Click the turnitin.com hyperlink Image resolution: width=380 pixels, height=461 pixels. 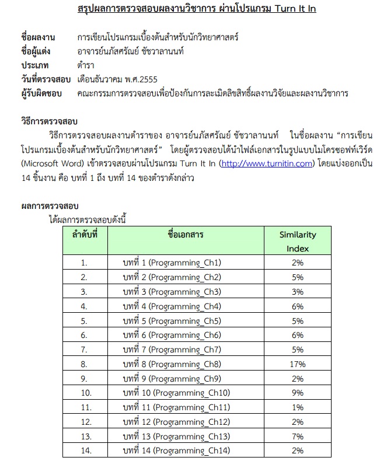(267, 164)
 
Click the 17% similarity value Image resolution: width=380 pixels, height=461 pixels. (297, 364)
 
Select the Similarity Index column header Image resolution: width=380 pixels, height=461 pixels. (297, 241)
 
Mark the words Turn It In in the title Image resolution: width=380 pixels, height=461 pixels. (291, 10)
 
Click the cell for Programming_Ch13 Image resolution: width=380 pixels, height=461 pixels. (176, 436)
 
